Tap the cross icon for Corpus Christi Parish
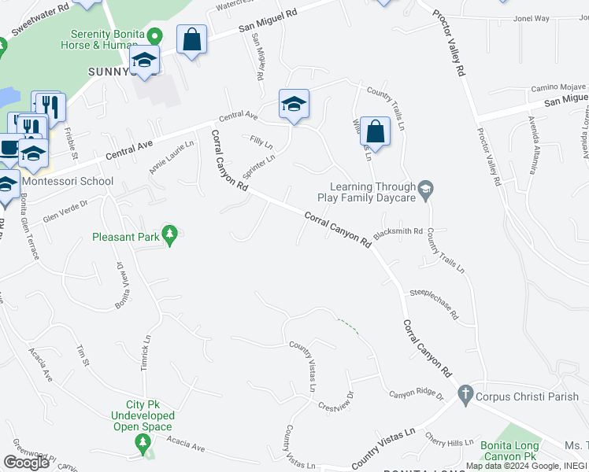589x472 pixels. pyautogui.click(x=465, y=395)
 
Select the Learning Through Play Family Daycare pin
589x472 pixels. pyautogui.click(x=426, y=188)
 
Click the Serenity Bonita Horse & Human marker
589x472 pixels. pyautogui.click(x=155, y=36)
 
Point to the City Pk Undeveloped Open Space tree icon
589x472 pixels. pyautogui.click(x=143, y=445)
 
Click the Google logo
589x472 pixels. pyautogui.click(x=26, y=463)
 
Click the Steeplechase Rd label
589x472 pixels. pyautogui.click(x=433, y=304)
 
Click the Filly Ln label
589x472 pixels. pyautogui.click(x=261, y=144)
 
